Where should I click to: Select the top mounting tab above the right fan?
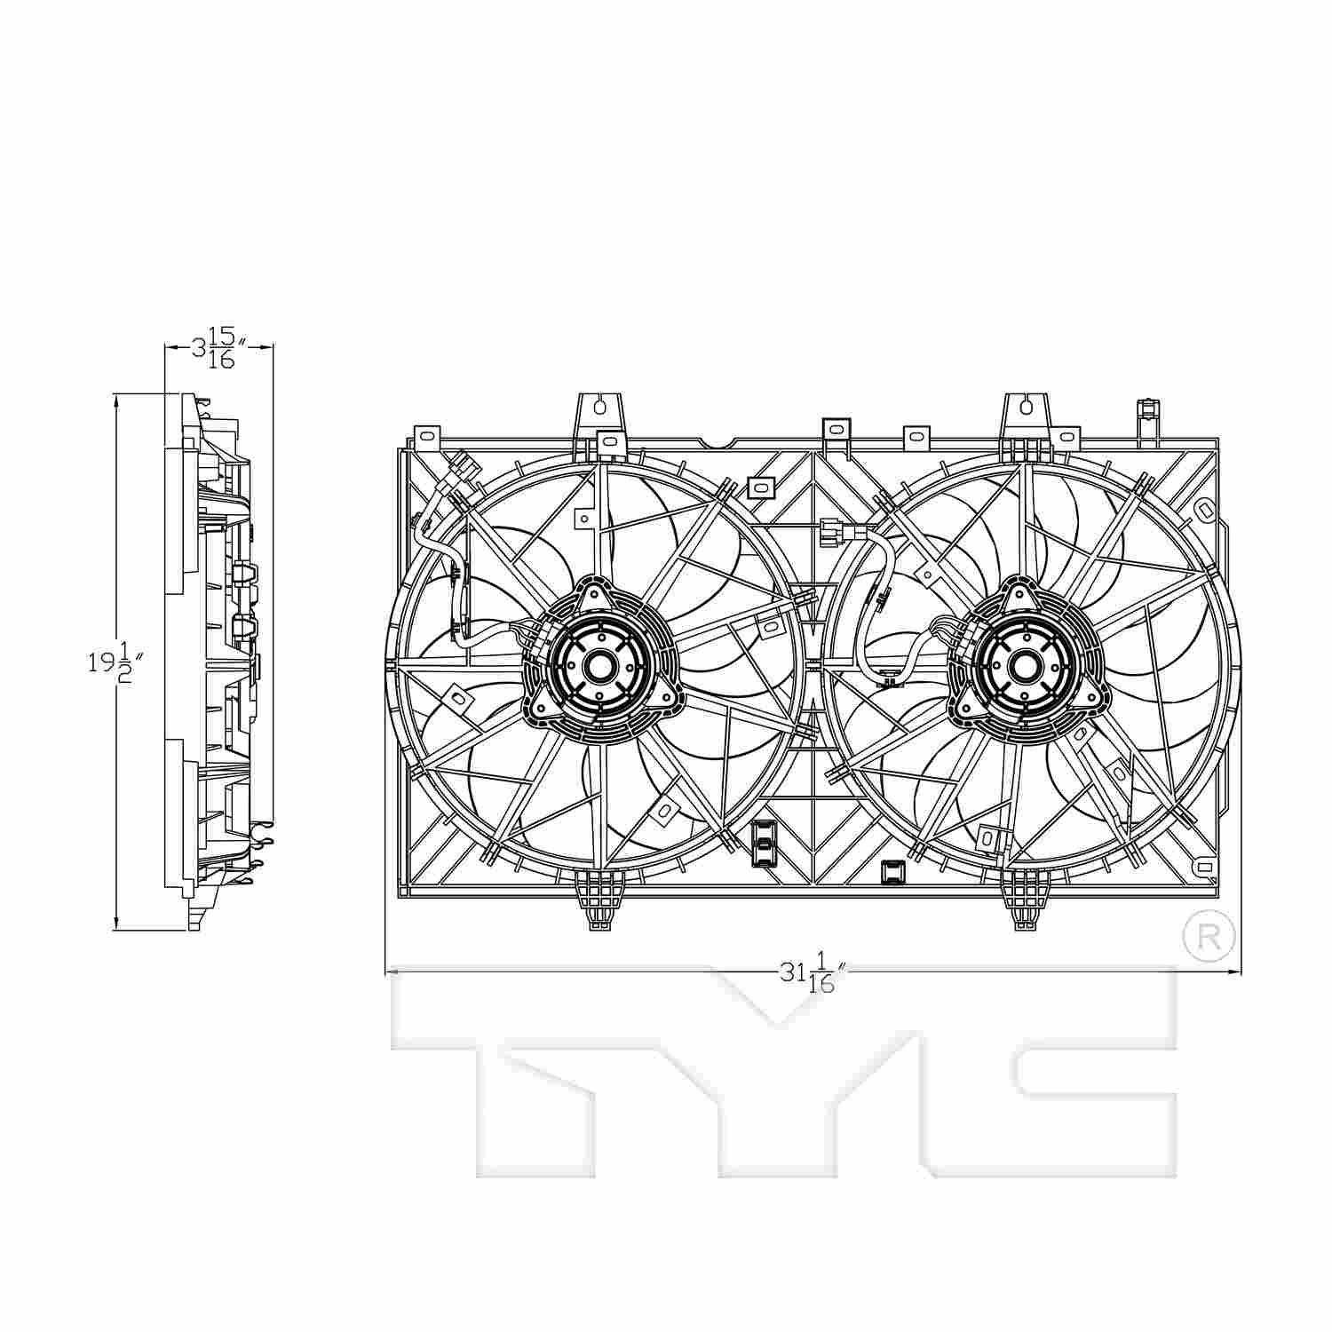point(1027,411)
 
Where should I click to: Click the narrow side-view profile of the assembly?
point(218,662)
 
